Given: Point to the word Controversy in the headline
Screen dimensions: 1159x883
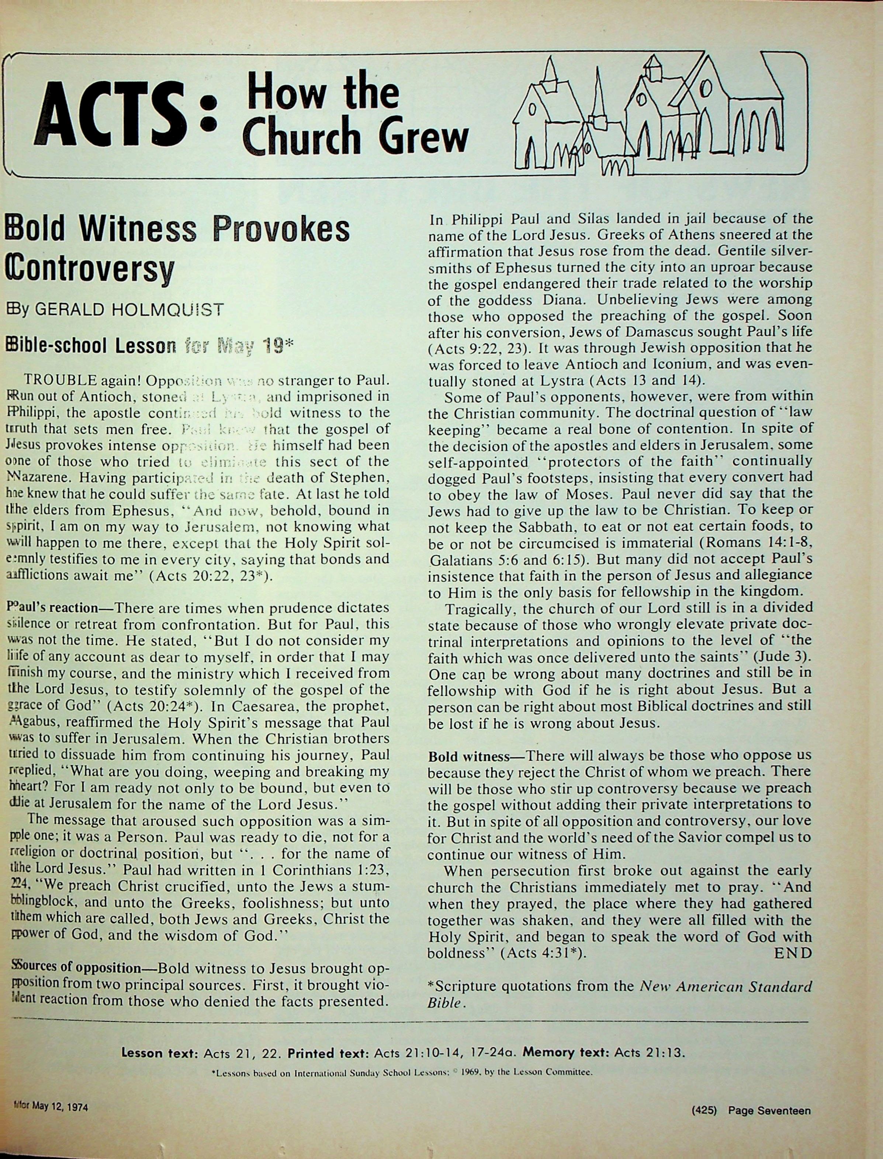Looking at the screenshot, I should (89, 269).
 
